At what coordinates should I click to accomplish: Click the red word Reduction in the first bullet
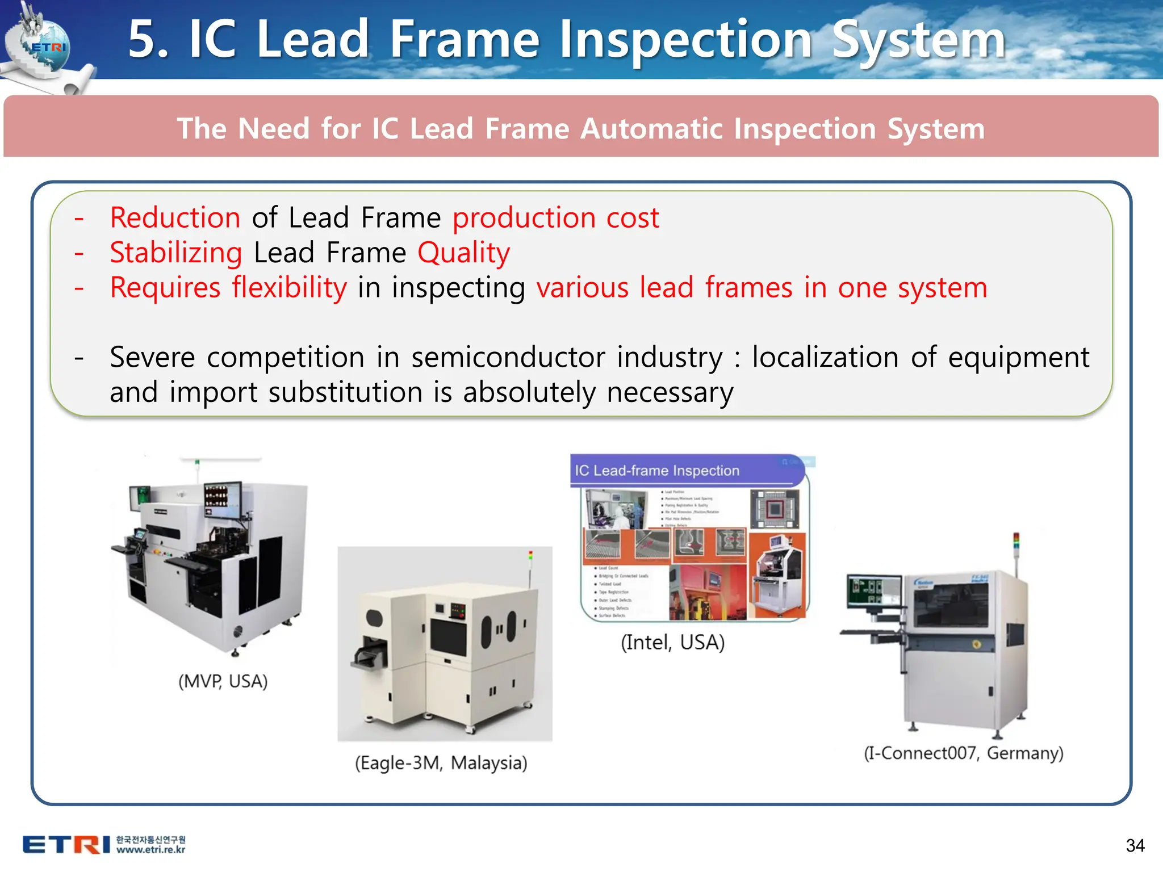(175, 218)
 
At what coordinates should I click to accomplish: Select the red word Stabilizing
(176, 253)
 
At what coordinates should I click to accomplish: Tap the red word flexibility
(289, 288)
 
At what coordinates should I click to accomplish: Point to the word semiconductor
(508, 358)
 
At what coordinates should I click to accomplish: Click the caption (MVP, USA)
(223, 681)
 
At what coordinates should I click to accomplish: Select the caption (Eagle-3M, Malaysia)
(441, 762)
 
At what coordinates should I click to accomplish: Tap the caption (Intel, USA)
(672, 642)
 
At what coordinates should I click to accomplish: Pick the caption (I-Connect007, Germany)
(963, 753)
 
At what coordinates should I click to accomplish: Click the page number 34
(1135, 845)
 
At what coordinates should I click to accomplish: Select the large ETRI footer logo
(66, 845)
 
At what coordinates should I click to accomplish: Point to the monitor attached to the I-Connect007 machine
(873, 591)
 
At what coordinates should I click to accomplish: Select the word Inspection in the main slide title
(685, 40)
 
